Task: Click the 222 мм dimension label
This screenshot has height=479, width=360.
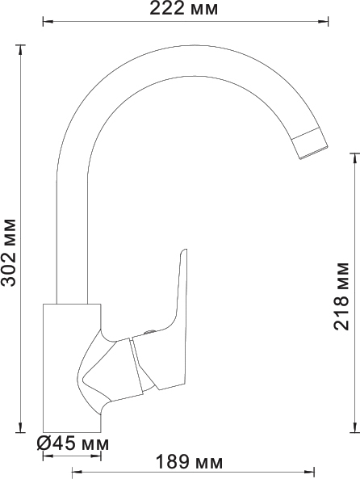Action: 183,9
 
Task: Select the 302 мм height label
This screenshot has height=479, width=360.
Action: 9,252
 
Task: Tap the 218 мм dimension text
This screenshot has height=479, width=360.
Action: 341,296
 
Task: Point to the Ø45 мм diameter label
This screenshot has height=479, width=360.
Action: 73,443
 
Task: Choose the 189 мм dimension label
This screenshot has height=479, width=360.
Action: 190,462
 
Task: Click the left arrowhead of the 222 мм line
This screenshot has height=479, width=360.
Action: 48,21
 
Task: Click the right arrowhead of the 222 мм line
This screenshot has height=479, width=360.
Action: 323,21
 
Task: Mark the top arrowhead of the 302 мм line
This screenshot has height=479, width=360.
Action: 20,50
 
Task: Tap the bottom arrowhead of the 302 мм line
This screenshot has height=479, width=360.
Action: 20,427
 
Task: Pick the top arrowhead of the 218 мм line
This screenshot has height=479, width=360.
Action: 354,158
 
